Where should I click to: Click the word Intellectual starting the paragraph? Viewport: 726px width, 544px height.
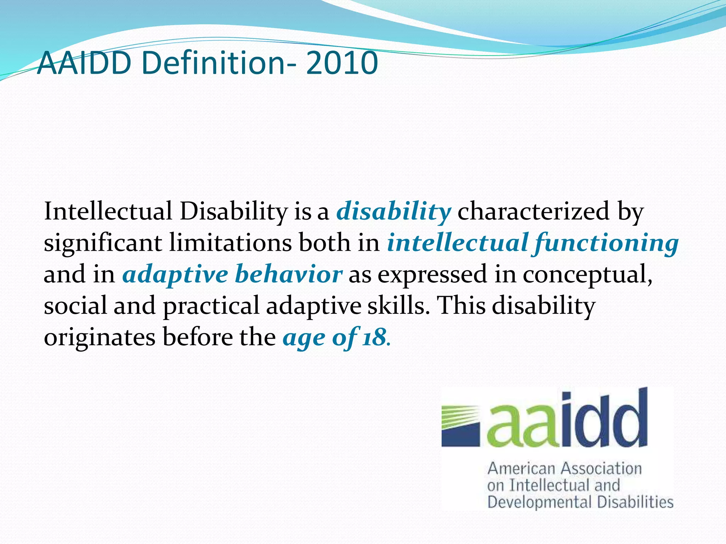tap(108, 211)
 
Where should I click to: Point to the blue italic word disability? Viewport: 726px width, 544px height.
tap(393, 211)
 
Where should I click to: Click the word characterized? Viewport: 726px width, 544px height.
tap(534, 211)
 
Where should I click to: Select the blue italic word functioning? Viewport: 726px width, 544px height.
tap(606, 243)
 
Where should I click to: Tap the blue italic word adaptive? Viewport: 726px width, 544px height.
tap(175, 274)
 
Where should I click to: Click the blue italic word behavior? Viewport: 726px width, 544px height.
tap(289, 274)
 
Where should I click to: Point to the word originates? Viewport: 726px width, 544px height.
tap(100, 338)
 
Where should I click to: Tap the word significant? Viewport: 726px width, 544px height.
tap(102, 243)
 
